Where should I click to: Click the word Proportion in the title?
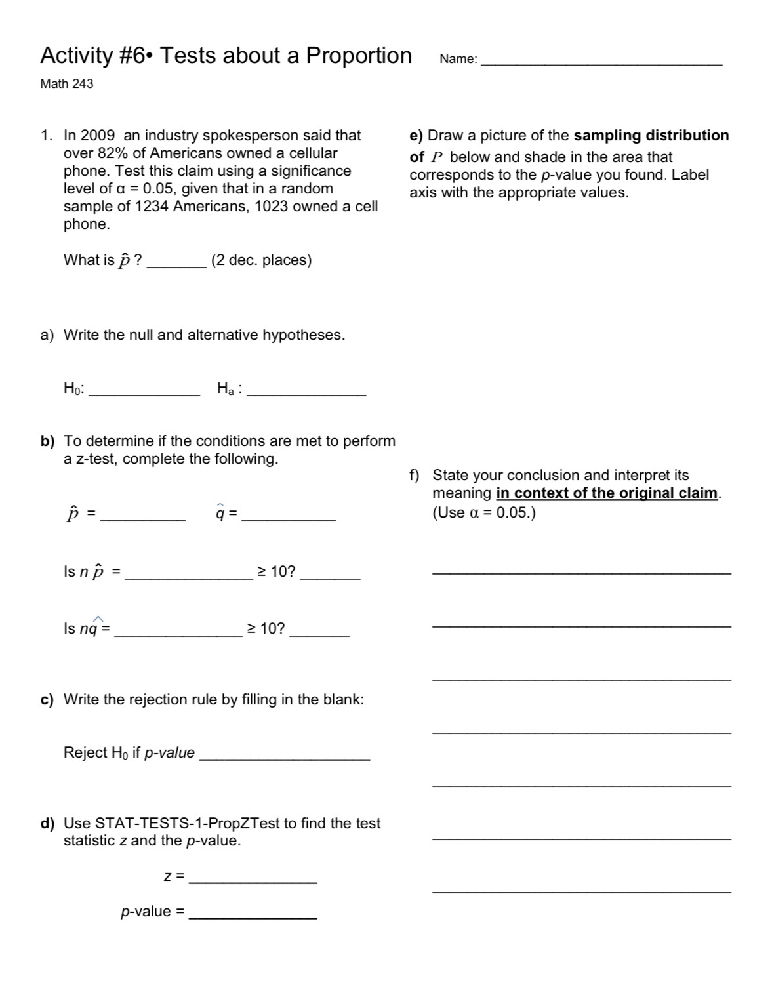(x=359, y=56)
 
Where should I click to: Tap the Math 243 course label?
(x=67, y=84)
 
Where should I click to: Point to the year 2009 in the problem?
(x=98, y=136)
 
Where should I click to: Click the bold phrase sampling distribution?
(x=651, y=136)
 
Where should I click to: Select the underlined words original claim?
(x=670, y=493)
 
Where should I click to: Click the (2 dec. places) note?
(x=261, y=260)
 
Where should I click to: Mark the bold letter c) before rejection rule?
(x=47, y=700)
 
